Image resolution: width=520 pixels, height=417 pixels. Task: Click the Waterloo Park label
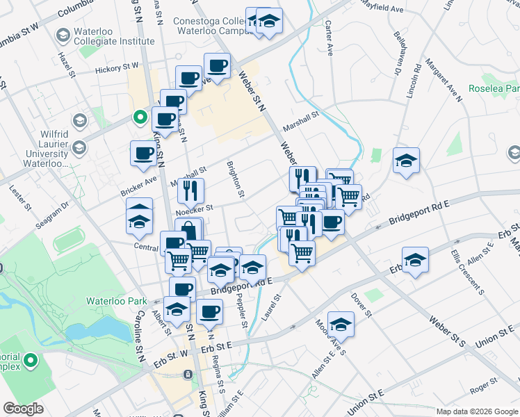tap(108, 301)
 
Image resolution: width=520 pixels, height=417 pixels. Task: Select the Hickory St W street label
tap(117, 67)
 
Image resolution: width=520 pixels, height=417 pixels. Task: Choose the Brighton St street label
tap(236, 179)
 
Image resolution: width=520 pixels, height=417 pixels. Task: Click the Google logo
tap(24, 408)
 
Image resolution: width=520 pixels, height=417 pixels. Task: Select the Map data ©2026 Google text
tap(476, 411)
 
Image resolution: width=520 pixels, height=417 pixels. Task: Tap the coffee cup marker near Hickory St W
tap(217, 66)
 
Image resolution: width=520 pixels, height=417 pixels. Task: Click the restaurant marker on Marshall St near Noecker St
tap(190, 189)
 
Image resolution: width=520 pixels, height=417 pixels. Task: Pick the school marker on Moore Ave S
tap(341, 324)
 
